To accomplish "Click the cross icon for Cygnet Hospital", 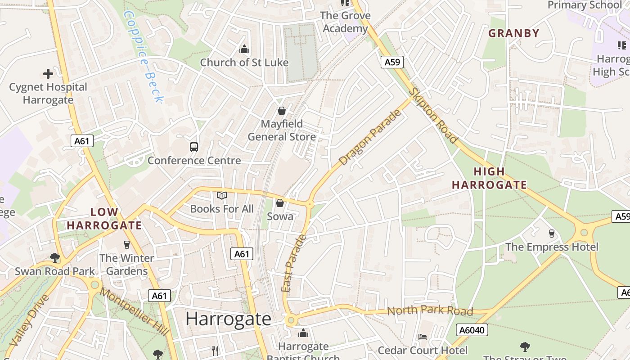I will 48,74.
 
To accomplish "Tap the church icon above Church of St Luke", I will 244,49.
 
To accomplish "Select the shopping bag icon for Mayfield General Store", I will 282,111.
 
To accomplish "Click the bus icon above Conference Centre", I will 194,147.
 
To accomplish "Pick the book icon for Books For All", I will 222,196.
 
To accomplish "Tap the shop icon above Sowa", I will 280,203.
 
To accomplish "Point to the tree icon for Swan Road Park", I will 55,258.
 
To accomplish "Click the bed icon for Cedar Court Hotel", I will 423,337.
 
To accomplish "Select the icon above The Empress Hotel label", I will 552,234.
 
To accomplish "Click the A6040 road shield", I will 472,330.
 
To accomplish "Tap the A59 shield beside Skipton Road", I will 392,62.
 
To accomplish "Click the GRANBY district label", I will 513,33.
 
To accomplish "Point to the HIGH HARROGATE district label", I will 489,178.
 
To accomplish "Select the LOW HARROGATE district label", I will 104,219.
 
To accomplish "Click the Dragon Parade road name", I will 370,137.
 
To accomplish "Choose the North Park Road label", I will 430,311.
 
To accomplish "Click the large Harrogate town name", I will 228,319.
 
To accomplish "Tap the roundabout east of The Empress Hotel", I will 584,233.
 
